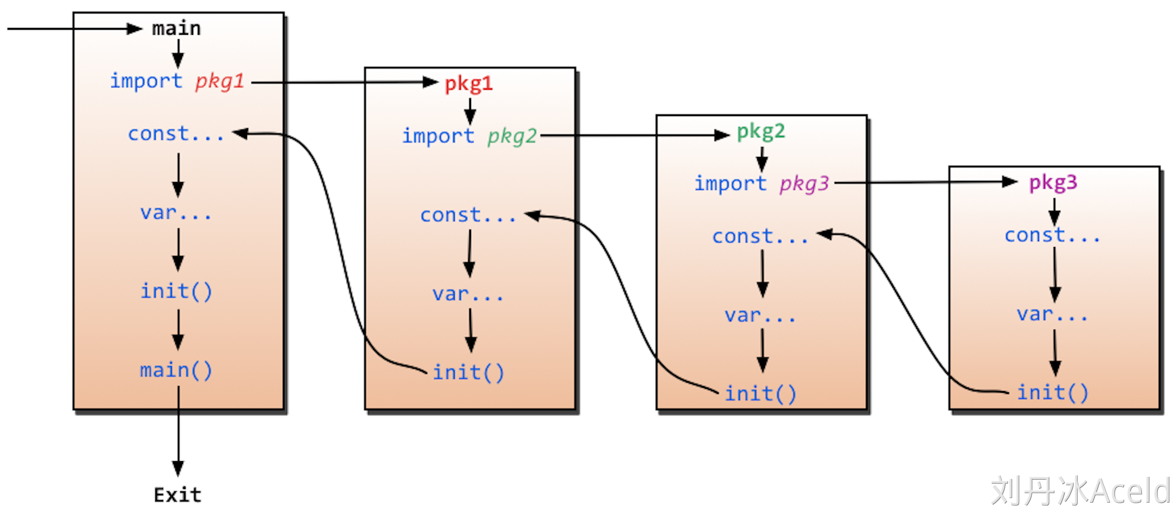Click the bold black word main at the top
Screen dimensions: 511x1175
tap(176, 29)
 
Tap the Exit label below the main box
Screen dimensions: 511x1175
tap(178, 495)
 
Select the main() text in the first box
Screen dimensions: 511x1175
tap(176, 370)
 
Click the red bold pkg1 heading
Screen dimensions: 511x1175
tap(469, 84)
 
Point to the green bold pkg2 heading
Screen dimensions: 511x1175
tap(761, 132)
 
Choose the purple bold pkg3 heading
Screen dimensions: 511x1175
tap(1053, 183)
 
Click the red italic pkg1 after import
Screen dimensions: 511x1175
tap(220, 82)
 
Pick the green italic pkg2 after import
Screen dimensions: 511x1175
tap(512, 136)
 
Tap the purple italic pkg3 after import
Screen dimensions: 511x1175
tap(804, 184)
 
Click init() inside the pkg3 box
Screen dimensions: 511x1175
tap(1052, 393)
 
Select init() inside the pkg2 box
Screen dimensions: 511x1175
tap(760, 394)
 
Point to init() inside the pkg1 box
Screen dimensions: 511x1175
tap(468, 373)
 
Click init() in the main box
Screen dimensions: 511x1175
tap(176, 291)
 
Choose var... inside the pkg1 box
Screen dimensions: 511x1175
tap(468, 294)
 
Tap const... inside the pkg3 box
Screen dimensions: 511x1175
tap(1052, 235)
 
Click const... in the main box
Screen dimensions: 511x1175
tap(176, 134)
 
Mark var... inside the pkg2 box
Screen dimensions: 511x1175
tap(760, 315)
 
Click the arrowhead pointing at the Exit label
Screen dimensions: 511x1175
tap(178, 468)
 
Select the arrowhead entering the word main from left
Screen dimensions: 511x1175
tap(134, 29)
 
